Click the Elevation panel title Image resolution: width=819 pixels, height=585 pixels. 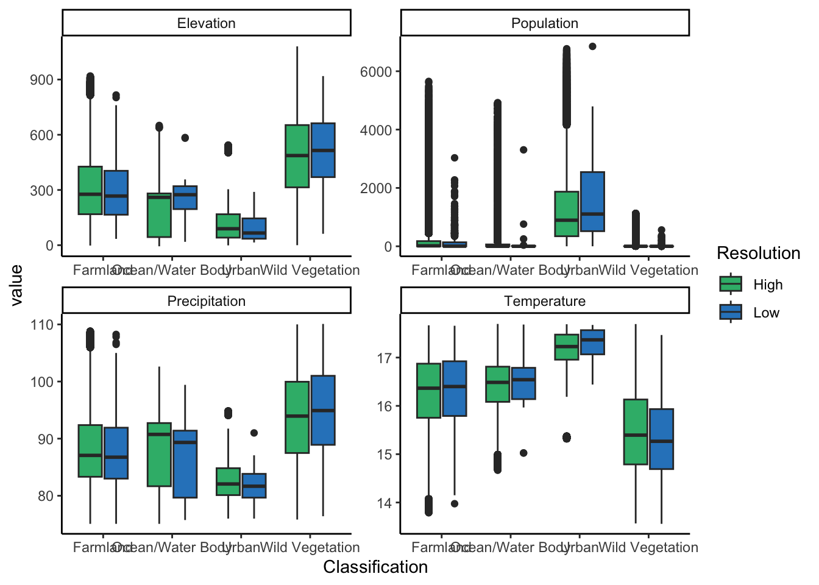[206, 23]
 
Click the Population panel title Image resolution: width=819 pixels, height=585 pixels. [544, 23]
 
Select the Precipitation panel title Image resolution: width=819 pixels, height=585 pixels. [206, 301]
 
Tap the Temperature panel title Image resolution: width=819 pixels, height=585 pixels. [544, 301]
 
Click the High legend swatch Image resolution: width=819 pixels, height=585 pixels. [731, 284]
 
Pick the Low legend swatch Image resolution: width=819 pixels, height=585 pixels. [731, 312]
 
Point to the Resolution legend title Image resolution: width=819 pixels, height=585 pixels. [758, 253]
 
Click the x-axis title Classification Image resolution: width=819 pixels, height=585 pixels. [375, 567]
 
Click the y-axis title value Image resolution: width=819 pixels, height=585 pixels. [16, 285]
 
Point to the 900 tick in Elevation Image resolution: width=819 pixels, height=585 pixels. [41, 80]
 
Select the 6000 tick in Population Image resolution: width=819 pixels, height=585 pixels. [375, 72]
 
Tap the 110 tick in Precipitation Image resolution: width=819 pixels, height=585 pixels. [41, 325]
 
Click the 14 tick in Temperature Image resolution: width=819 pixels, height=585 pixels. [384, 503]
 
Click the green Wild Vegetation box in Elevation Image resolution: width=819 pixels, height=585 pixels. [297, 156]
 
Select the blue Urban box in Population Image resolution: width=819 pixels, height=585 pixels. [592, 202]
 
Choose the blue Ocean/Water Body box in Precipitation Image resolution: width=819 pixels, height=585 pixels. [185, 464]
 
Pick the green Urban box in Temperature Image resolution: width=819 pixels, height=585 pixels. [567, 347]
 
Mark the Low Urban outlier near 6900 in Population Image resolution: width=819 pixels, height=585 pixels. [592, 46]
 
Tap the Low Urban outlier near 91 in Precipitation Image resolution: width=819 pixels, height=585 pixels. [254, 433]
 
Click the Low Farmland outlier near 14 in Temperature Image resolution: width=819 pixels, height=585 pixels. [455, 503]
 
